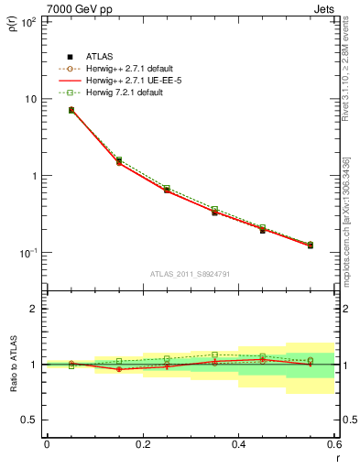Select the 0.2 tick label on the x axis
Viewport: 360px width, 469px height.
tap(142, 445)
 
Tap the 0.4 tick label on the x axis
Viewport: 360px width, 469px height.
tap(238, 445)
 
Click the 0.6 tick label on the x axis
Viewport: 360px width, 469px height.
tap(333, 445)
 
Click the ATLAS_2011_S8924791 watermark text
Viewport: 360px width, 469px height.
tap(191, 274)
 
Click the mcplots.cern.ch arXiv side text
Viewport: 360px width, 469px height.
tap(346, 220)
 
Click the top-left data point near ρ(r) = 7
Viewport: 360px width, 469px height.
tap(71, 110)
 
